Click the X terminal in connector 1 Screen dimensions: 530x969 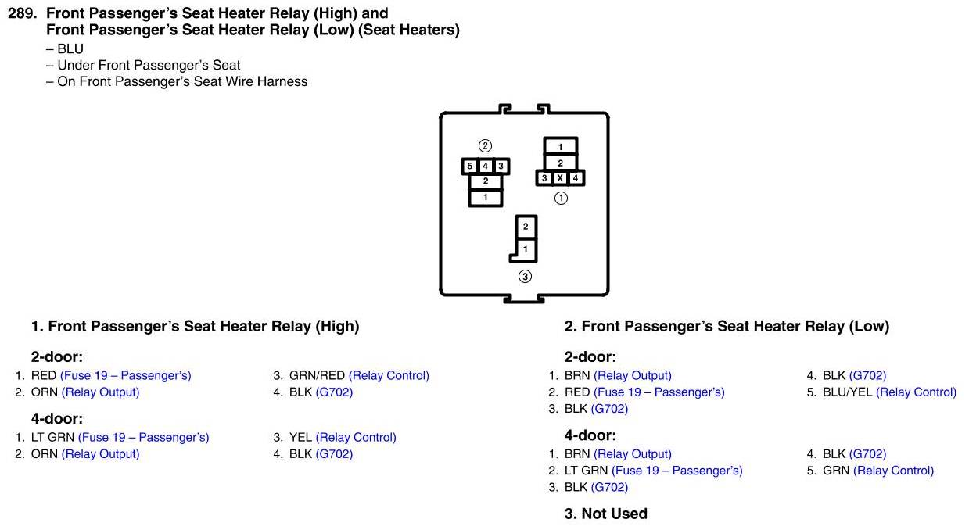(x=560, y=178)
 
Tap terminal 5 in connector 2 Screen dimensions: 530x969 (x=470, y=167)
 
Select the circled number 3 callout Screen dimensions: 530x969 (x=525, y=276)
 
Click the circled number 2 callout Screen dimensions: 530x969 (x=485, y=145)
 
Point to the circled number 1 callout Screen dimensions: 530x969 (x=561, y=198)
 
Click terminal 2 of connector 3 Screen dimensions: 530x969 (x=526, y=227)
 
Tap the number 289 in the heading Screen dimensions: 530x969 (x=21, y=13)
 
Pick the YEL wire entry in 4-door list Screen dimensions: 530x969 (x=300, y=437)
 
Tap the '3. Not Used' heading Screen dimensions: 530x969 (x=606, y=514)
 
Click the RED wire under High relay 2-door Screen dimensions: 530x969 (x=44, y=375)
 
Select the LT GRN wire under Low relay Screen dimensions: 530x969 (x=587, y=470)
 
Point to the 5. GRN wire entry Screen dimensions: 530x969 (x=836, y=470)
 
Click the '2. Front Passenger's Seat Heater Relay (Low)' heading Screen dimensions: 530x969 (x=727, y=326)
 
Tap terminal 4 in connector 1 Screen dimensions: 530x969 (x=576, y=178)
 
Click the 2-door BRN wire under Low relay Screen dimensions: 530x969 (x=577, y=375)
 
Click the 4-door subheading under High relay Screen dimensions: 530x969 (x=57, y=418)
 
